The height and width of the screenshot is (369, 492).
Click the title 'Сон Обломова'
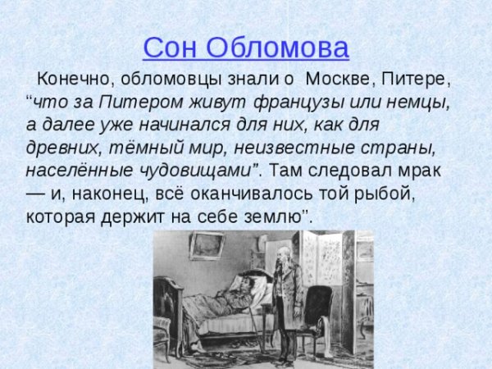[x=246, y=47]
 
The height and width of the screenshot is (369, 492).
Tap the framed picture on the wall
[x=207, y=245]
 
